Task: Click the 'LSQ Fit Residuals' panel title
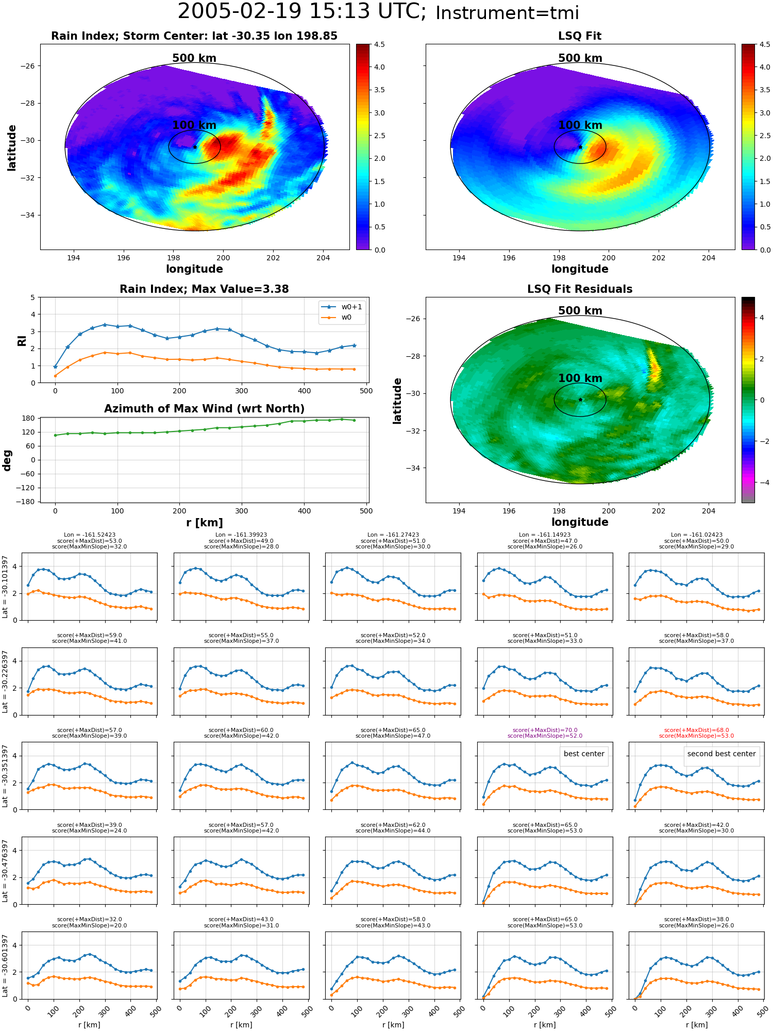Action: click(580, 289)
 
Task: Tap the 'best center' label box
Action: click(584, 754)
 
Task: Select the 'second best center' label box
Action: click(721, 754)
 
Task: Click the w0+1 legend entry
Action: click(342, 307)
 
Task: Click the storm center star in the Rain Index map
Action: click(195, 147)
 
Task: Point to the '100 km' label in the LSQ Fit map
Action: click(580, 125)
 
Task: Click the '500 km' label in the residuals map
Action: click(580, 311)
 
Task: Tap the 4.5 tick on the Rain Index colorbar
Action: click(379, 45)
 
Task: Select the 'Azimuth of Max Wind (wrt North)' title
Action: click(204, 409)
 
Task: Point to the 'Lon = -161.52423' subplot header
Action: click(90, 535)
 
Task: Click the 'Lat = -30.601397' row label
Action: click(5, 966)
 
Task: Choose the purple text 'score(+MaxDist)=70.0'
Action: click(545, 730)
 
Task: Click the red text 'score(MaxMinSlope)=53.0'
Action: click(697, 736)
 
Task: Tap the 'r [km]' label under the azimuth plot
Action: click(204, 523)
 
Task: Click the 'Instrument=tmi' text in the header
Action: click(507, 13)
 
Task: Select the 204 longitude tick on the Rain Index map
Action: click(323, 258)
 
